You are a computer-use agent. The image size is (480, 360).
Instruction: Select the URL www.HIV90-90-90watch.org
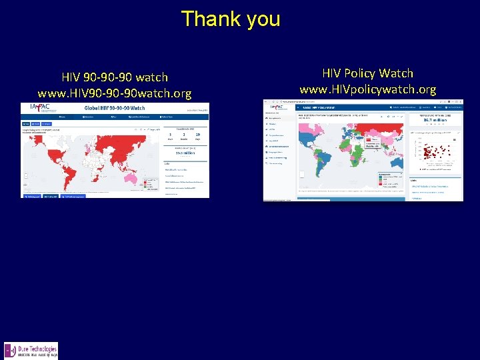click(x=115, y=93)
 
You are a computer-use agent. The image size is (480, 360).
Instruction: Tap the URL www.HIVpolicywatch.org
click(x=368, y=89)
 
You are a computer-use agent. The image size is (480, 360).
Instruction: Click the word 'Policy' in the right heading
click(x=367, y=73)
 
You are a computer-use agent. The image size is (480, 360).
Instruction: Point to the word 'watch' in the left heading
click(x=149, y=77)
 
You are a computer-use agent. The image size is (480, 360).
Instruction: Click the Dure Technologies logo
click(x=31, y=351)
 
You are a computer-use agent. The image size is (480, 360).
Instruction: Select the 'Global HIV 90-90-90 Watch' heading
click(x=114, y=108)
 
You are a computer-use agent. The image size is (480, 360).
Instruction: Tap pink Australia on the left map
click(x=141, y=178)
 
